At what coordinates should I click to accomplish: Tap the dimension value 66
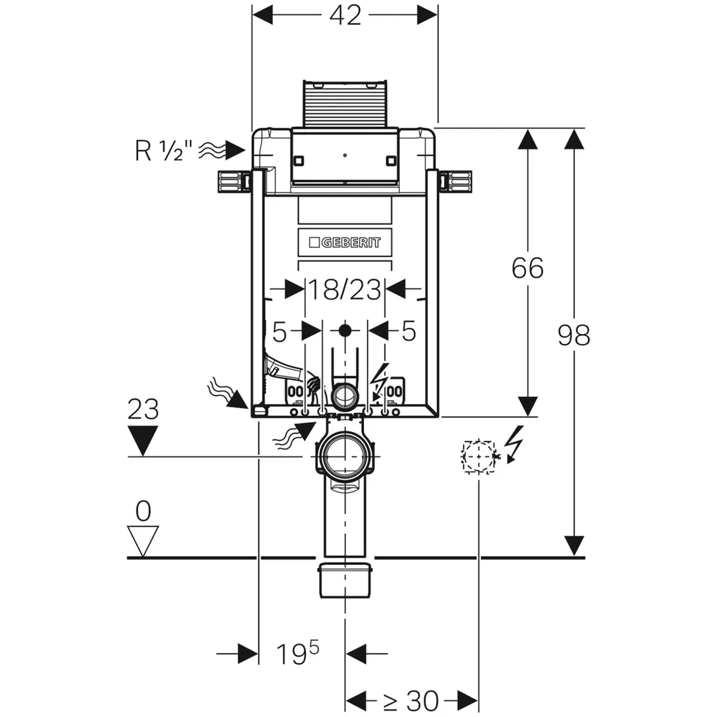(x=527, y=267)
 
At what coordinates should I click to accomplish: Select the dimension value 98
(x=573, y=335)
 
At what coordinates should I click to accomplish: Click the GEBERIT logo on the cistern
(x=344, y=242)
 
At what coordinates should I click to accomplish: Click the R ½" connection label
(x=162, y=150)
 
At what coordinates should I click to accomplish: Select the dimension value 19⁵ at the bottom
(x=297, y=654)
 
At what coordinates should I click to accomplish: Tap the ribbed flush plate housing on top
(x=344, y=104)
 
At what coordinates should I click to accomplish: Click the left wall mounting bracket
(x=232, y=182)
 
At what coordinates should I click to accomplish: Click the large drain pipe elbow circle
(x=344, y=456)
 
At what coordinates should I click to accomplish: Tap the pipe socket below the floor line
(x=344, y=580)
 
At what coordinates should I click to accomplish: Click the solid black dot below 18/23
(x=344, y=330)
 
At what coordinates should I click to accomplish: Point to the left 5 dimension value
(x=279, y=331)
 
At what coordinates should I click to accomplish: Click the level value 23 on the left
(x=143, y=410)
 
